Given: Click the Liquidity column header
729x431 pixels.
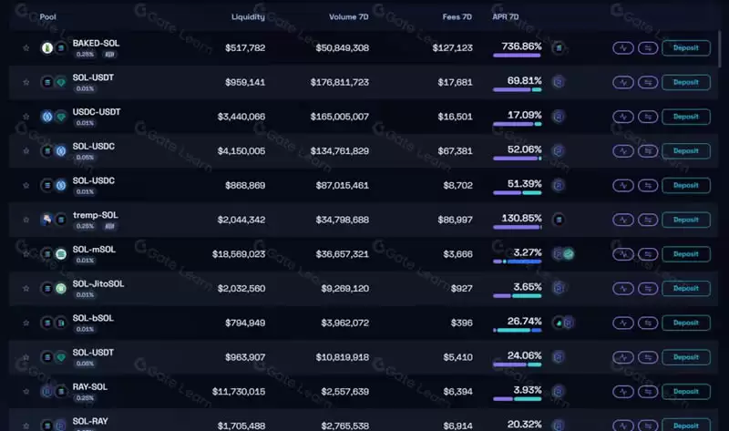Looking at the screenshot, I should (248, 17).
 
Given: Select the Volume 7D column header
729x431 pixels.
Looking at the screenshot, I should (349, 17).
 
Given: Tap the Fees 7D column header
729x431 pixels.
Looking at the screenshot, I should (455, 17).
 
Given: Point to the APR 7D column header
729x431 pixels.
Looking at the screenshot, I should (506, 17).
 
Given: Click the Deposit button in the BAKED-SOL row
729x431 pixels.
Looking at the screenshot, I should (685, 48).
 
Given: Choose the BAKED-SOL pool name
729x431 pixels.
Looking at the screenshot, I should (96, 43).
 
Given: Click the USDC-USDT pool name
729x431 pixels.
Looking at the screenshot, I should (97, 112).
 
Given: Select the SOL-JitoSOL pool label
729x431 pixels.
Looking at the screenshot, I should (98, 283).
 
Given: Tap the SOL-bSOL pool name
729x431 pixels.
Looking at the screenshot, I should (93, 318).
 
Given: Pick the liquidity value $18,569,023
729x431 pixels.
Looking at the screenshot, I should (239, 254).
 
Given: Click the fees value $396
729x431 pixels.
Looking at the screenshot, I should (462, 323).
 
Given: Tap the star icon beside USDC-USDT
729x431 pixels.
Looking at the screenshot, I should (26, 117).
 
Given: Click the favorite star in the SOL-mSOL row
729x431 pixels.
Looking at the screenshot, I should (26, 254).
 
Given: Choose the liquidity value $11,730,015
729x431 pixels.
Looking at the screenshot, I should (239, 392).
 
